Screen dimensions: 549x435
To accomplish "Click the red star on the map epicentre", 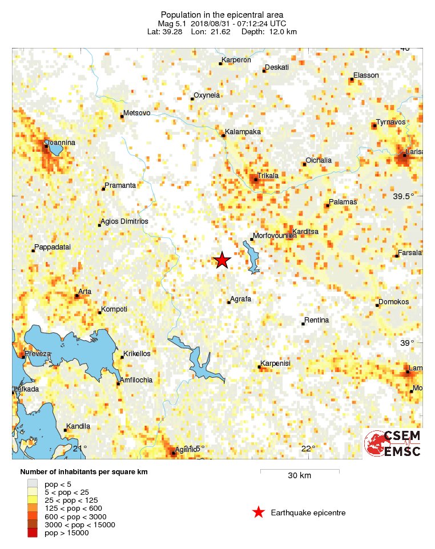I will click(221, 260).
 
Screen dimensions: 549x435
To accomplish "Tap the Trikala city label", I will click(268, 176).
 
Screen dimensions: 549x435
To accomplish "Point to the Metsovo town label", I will click(137, 113).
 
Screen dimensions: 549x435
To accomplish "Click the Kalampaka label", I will click(243, 132).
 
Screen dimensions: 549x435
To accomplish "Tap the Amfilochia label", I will click(136, 380).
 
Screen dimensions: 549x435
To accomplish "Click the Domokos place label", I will click(394, 302).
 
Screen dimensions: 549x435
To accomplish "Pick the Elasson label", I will click(366, 75).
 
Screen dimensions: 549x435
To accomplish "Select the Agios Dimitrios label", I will click(124, 221).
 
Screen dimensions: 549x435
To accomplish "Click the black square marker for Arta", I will click(77, 296).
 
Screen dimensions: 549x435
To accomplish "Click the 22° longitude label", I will click(308, 448).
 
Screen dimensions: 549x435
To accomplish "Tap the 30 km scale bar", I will click(300, 471).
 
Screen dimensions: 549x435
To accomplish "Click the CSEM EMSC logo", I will click(393, 443).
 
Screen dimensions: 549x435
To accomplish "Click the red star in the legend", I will click(259, 512).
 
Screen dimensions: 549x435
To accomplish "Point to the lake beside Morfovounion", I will click(252, 256).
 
